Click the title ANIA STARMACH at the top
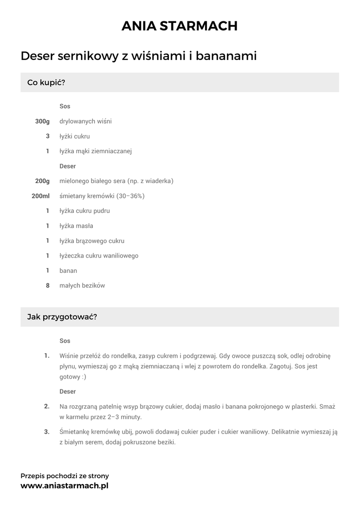click(180, 26)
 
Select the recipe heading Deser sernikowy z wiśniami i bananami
click(139, 56)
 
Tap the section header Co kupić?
click(46, 82)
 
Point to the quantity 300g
click(43, 121)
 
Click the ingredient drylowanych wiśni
click(85, 121)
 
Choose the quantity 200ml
click(41, 196)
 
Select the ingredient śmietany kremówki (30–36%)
click(102, 196)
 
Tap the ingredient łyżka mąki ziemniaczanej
click(95, 151)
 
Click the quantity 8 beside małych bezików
click(48, 285)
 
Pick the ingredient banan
click(68, 270)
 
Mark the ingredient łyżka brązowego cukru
click(92, 241)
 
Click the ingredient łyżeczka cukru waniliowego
click(99, 255)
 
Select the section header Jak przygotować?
click(62, 317)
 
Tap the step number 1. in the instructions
click(47, 356)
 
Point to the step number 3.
click(47, 432)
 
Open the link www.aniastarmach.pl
click(64, 486)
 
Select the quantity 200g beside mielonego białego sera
click(43, 181)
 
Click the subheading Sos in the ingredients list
click(65, 106)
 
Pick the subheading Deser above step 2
click(68, 391)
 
